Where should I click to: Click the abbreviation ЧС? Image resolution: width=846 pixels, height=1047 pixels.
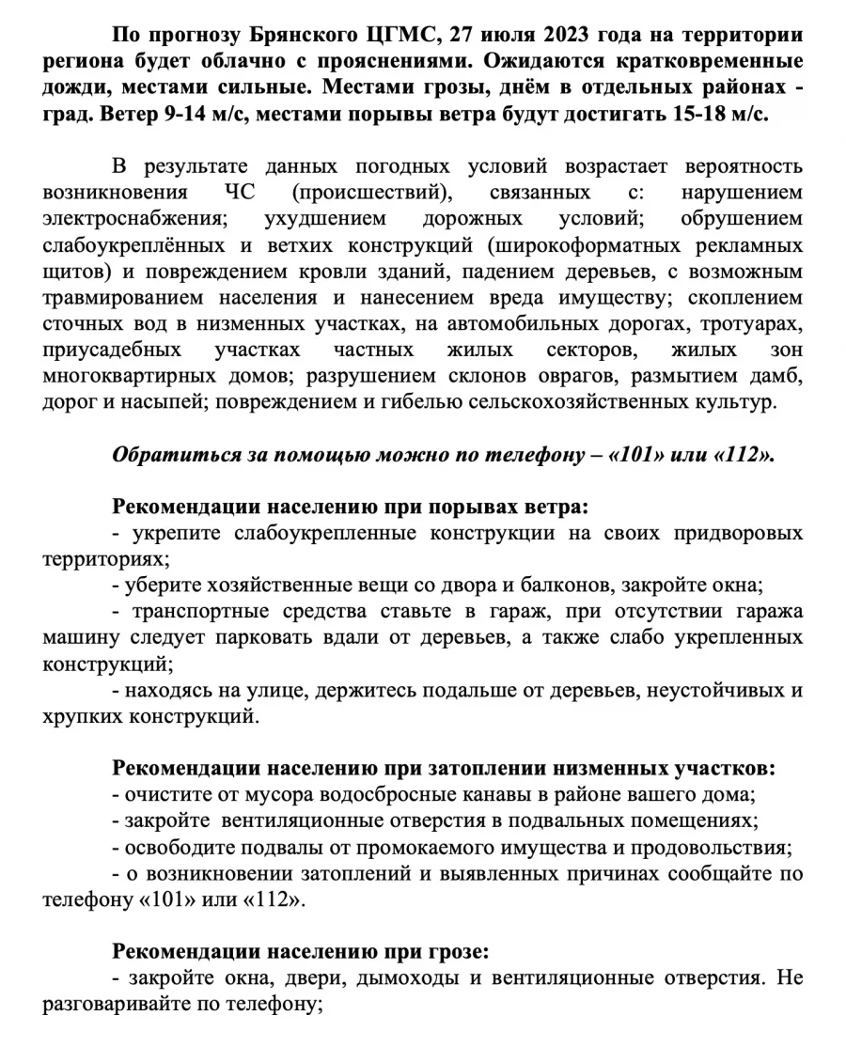pos(228,193)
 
